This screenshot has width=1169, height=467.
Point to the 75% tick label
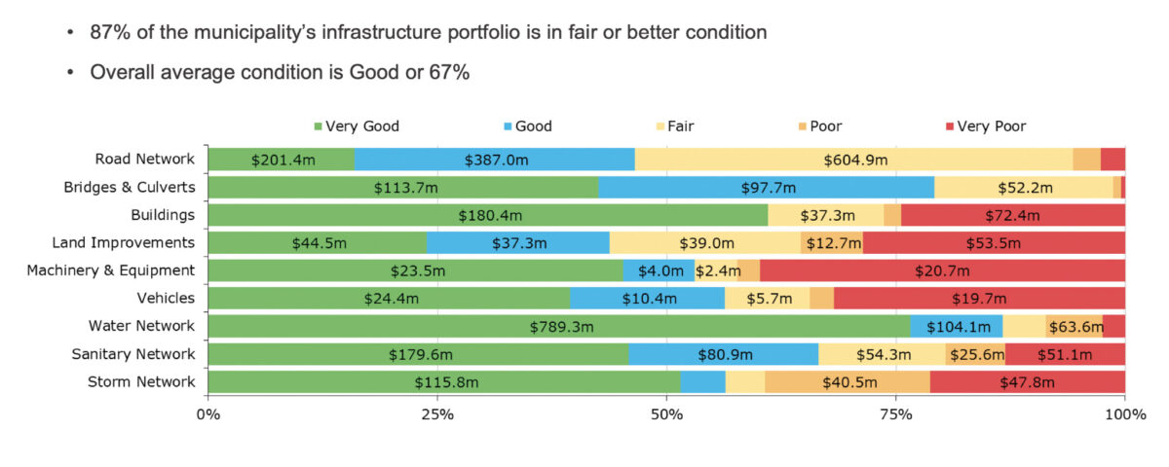[x=895, y=415]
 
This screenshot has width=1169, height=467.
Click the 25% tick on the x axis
[x=437, y=415]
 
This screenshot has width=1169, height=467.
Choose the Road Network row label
[x=145, y=160]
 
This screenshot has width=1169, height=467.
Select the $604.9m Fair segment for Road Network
[x=853, y=160]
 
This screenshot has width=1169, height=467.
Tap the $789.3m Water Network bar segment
[x=559, y=326]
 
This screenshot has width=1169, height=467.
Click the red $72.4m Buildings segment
[x=1013, y=215]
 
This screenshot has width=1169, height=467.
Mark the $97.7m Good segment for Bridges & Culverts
[x=767, y=188]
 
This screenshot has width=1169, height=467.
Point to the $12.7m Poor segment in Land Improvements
[x=832, y=243]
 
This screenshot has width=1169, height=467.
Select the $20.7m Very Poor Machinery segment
[x=942, y=270]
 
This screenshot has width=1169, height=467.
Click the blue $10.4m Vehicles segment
[x=647, y=299]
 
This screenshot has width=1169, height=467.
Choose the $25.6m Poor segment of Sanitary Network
[x=975, y=354]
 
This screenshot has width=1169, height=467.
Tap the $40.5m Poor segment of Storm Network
[x=847, y=381]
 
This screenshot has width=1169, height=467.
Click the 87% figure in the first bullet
[x=111, y=33]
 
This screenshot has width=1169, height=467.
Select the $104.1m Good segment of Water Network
[x=956, y=326]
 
